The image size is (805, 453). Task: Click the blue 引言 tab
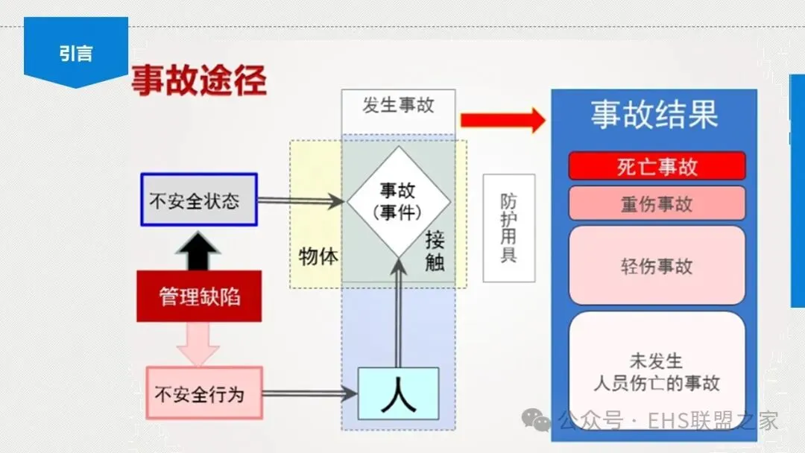point(76,52)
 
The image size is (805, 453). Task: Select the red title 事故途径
point(199,81)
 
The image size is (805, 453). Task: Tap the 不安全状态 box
point(199,200)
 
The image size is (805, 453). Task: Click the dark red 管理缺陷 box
point(199,297)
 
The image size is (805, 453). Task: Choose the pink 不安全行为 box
point(204,393)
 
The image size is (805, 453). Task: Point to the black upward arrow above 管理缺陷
point(199,251)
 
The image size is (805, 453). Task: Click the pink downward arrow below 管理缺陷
point(199,344)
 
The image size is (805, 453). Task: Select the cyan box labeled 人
point(398,393)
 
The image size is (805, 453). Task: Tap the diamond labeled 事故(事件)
point(398,200)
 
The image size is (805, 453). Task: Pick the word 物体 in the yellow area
point(318,257)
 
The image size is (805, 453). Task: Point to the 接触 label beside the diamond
point(435,251)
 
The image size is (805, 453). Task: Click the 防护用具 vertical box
point(508,228)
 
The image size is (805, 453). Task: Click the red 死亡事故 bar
point(657,166)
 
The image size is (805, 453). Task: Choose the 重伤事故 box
point(657,203)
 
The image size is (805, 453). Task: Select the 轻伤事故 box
point(657,266)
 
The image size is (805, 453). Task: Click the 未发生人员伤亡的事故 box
point(657,372)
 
